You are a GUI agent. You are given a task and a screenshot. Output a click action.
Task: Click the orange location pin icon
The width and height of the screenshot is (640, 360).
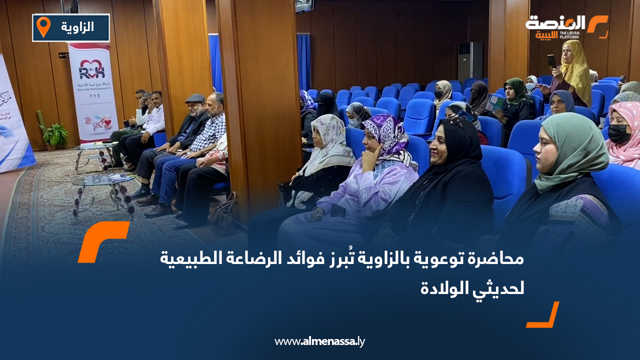[x=44, y=26]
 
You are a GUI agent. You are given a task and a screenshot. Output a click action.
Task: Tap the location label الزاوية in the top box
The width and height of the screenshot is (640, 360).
[x=78, y=27]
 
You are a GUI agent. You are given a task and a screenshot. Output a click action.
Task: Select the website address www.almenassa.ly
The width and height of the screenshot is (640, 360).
[x=319, y=341]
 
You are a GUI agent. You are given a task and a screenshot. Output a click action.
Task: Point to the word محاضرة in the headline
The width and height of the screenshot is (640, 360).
[x=498, y=259]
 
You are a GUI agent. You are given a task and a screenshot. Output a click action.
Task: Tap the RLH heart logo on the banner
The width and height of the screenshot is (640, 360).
[x=92, y=68]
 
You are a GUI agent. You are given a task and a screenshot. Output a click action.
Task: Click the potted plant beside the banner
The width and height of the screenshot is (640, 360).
[x=54, y=134]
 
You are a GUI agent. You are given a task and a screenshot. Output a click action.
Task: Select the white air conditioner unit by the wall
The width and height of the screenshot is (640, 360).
[x=470, y=60]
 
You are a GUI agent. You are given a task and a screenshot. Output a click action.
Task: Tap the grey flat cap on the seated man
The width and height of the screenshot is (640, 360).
[x=194, y=98]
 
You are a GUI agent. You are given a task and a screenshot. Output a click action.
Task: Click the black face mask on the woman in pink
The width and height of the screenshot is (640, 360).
[x=619, y=134]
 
